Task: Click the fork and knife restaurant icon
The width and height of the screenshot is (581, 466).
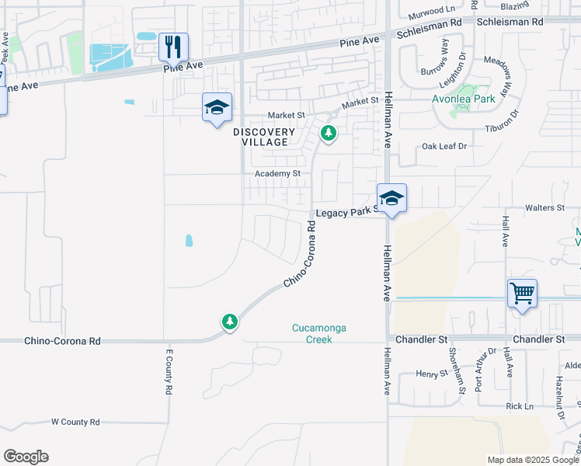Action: pos(173,47)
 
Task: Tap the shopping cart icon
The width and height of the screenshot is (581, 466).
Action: pos(522,294)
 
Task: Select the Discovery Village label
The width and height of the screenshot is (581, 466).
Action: pos(264,137)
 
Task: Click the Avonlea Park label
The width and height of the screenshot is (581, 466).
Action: pos(463,99)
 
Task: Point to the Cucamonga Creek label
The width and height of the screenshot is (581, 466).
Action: pos(318,333)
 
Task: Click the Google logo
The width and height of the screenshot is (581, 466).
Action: pos(26,457)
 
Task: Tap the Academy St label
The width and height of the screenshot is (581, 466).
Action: pos(277,173)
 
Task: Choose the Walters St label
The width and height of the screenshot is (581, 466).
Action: pos(544,208)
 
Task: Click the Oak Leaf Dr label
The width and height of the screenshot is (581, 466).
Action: pos(444,146)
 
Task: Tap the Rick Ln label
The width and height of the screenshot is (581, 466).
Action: pos(520,406)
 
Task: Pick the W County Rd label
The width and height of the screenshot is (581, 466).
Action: pos(75,422)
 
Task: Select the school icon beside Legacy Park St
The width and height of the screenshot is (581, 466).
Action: pos(392,198)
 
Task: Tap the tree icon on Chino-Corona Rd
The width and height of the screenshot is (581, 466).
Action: pos(229,321)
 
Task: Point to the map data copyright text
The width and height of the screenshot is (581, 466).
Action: pos(532,460)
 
